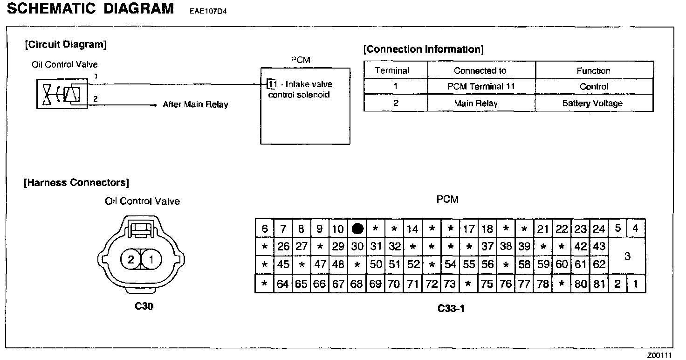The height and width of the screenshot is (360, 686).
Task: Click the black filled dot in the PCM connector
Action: (x=357, y=229)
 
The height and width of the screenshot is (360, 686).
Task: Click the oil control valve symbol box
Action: (x=62, y=94)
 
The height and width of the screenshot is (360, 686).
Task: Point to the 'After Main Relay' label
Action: (x=195, y=104)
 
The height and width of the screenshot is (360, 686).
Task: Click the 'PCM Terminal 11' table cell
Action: (x=481, y=87)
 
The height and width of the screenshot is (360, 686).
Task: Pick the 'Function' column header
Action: (x=593, y=71)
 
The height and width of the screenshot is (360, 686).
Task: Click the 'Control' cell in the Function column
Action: (x=594, y=87)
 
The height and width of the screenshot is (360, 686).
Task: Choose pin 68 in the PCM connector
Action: (x=357, y=284)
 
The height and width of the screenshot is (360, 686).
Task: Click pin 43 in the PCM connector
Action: (x=599, y=246)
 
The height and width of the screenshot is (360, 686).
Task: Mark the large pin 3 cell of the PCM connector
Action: (x=627, y=256)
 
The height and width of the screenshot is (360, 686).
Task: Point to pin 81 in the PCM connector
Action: (x=599, y=284)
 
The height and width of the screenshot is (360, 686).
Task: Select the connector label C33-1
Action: (x=451, y=309)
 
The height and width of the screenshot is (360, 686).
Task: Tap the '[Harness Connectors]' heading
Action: (x=76, y=182)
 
